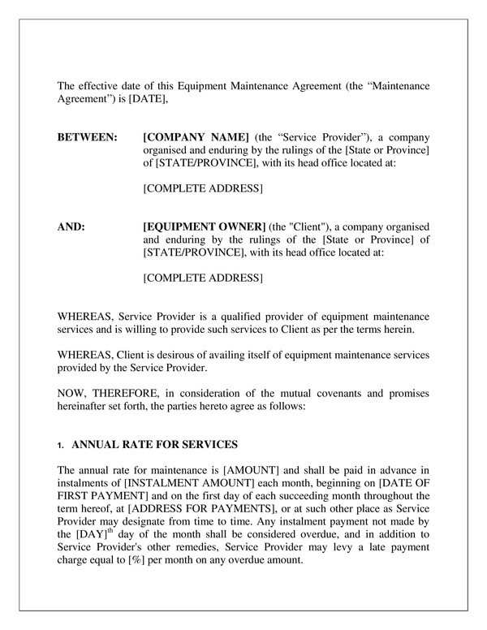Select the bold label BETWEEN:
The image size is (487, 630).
[87, 136]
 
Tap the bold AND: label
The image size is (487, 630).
[71, 226]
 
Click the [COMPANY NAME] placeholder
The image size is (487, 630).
[196, 136]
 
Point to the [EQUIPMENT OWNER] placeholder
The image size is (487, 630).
[204, 226]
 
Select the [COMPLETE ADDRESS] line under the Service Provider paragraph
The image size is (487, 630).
[202, 188]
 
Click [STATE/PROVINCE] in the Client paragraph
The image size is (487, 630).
[189, 252]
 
